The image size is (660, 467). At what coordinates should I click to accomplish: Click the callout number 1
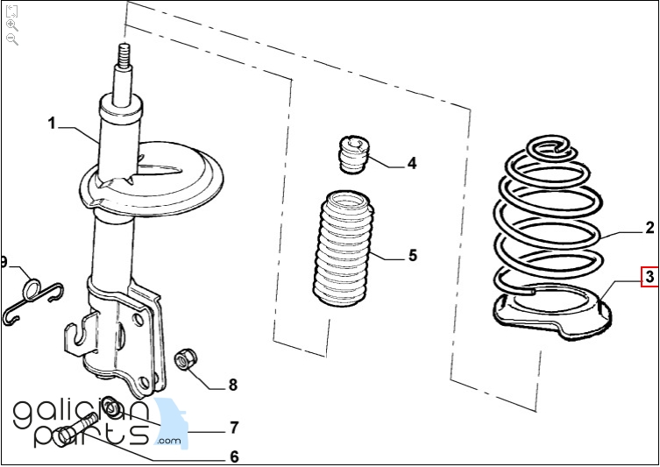tap(52, 124)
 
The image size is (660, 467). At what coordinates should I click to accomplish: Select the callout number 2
tap(649, 229)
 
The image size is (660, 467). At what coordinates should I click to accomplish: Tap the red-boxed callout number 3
tap(649, 278)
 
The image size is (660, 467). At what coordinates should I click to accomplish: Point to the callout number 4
tap(411, 163)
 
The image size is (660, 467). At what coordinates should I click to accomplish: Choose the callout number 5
tap(412, 256)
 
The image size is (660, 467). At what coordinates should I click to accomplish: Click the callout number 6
tap(234, 456)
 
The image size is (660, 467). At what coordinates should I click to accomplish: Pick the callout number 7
tap(234, 428)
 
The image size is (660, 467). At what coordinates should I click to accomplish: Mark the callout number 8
tap(232, 384)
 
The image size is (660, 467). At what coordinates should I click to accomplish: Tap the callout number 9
tap(4, 262)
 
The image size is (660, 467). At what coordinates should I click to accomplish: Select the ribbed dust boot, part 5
tap(344, 250)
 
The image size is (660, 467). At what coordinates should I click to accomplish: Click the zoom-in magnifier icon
tap(11, 25)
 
